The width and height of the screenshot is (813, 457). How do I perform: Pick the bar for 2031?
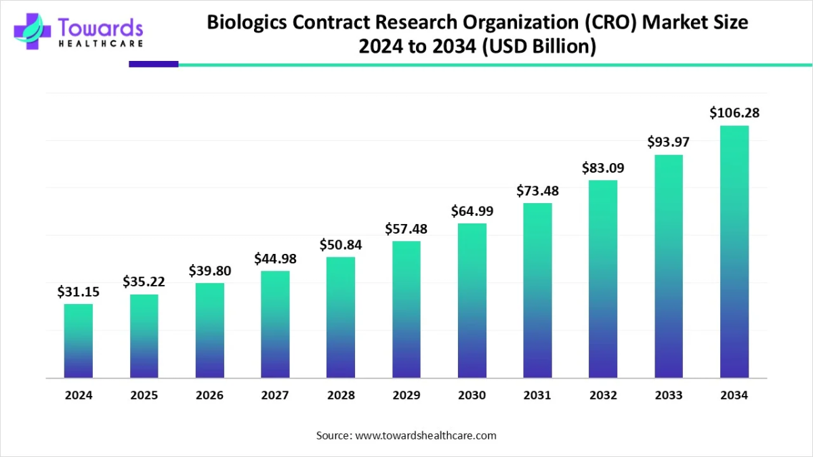click(x=538, y=290)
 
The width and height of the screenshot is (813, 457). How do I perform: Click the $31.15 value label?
click(x=79, y=292)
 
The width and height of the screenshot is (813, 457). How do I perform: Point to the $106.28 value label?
click(x=734, y=113)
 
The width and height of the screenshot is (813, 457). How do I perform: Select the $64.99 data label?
click(x=472, y=211)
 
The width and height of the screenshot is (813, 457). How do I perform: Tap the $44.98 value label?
click(x=275, y=259)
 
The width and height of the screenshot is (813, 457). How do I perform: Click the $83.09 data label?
click(x=603, y=168)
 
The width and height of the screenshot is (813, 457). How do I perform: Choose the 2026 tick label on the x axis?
click(x=210, y=395)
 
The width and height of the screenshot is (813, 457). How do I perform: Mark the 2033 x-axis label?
click(x=669, y=395)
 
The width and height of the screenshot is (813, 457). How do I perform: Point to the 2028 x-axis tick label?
click(x=341, y=395)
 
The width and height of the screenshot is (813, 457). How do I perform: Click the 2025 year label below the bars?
click(x=144, y=395)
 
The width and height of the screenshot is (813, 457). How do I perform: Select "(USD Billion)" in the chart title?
click(x=539, y=47)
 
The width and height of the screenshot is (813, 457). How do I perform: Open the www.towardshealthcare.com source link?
click(x=425, y=435)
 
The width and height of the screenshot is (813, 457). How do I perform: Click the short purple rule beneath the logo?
click(x=153, y=64)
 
